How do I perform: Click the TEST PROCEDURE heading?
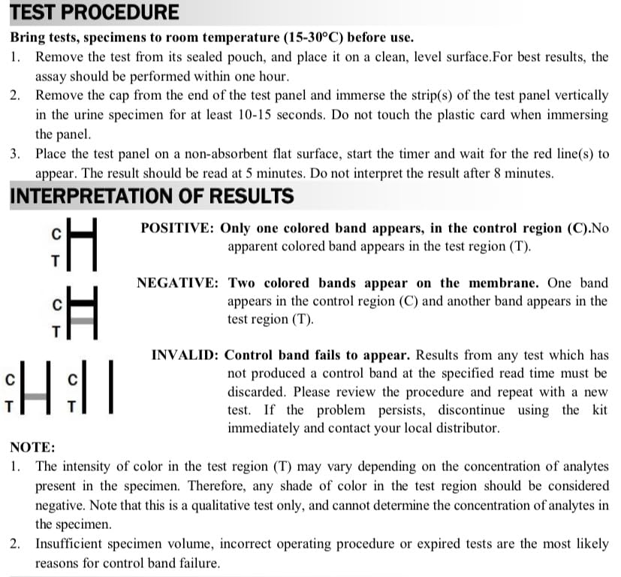click(95, 13)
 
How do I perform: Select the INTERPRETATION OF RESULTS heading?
click(152, 197)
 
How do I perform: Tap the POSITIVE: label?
click(179, 228)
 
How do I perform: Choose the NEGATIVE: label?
click(178, 283)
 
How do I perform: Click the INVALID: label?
click(185, 355)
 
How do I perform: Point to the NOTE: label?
click(32, 447)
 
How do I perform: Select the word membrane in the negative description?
click(504, 283)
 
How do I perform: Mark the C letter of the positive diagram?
click(56, 234)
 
